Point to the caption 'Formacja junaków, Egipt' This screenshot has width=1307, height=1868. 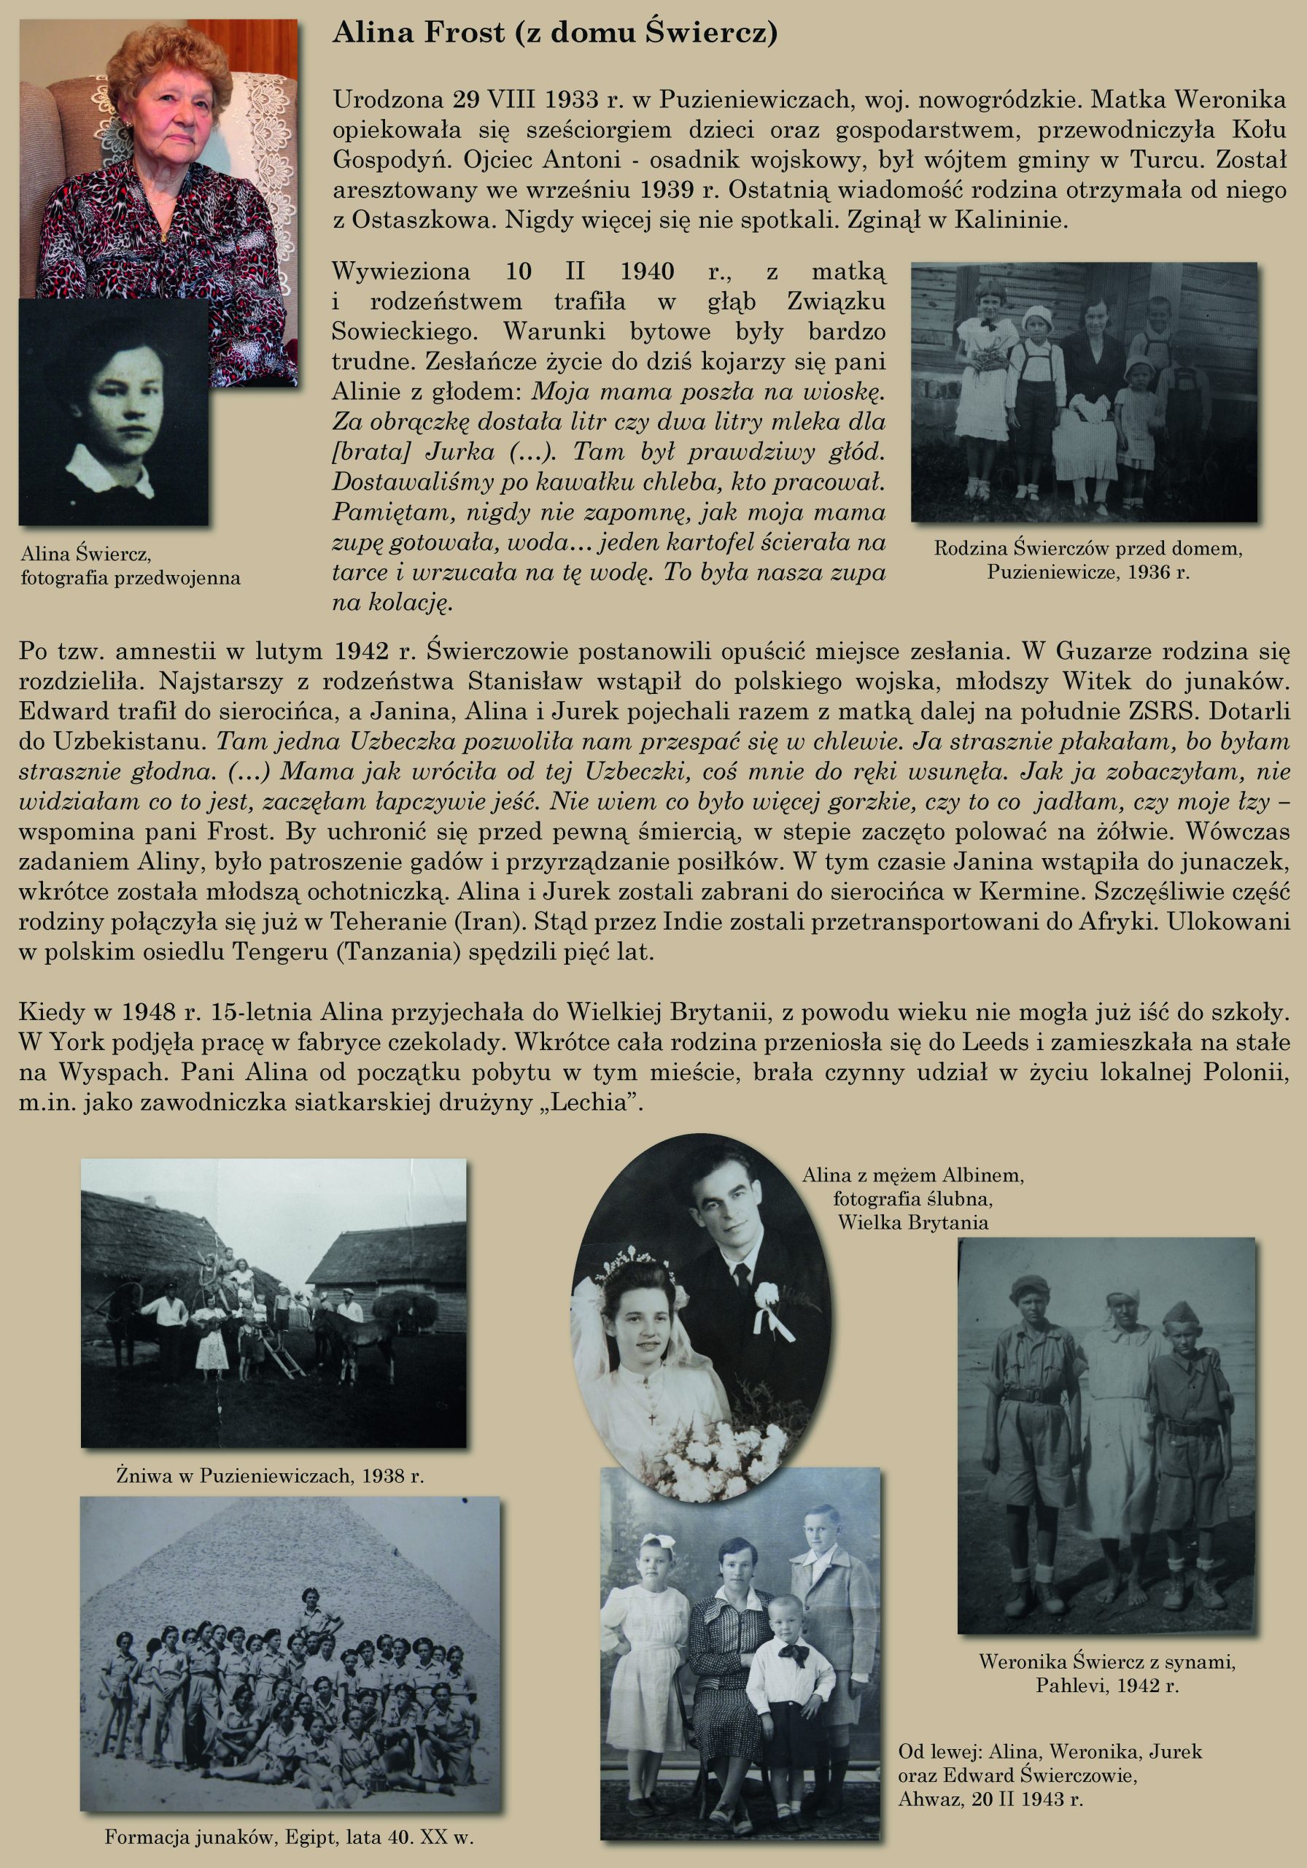click(x=290, y=1837)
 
